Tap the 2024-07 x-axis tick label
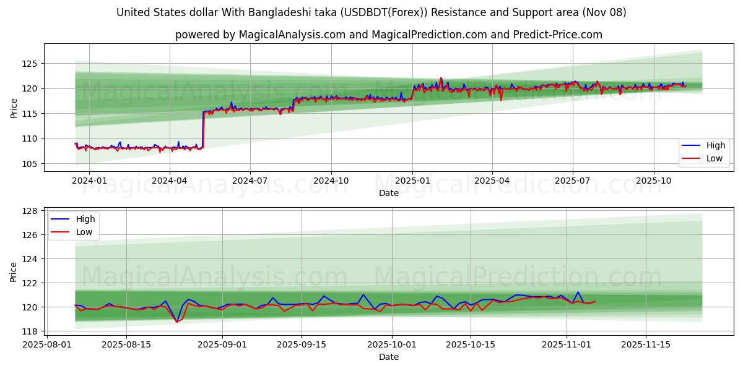pyautogui.click(x=250, y=181)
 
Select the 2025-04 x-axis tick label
pyautogui.click(x=492, y=181)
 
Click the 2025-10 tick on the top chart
pyautogui.click(x=654, y=181)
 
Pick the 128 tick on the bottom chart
pyautogui.click(x=30, y=211)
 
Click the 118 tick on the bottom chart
pyautogui.click(x=30, y=331)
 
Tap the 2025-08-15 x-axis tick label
pyautogui.click(x=126, y=344)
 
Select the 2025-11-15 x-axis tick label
pyautogui.click(x=646, y=344)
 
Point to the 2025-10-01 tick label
pyautogui.click(x=391, y=344)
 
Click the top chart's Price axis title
pyautogui.click(x=14, y=108)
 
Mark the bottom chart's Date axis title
pyautogui.click(x=389, y=357)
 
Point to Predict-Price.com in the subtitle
pyautogui.click(x=560, y=35)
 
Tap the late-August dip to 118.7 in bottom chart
pyautogui.click(x=176, y=322)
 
